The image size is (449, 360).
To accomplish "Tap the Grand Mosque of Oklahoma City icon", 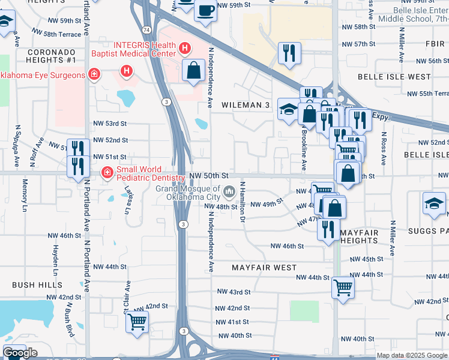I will click(229, 192).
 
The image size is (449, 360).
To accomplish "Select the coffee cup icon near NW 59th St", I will click(205, 10).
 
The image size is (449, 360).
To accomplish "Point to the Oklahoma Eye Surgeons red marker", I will click(94, 74).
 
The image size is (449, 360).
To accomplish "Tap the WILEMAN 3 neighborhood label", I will click(246, 105).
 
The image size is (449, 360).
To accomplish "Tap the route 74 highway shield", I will click(146, 29).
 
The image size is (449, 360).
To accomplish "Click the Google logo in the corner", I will click(20, 353).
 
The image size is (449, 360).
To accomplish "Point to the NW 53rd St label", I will click(110, 124).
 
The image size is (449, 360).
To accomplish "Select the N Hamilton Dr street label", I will click(243, 201).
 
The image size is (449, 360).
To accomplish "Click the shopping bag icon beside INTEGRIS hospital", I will click(194, 70).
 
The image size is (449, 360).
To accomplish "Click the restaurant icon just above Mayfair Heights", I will click(328, 229).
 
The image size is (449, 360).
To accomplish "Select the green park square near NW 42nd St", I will click(304, 311).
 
